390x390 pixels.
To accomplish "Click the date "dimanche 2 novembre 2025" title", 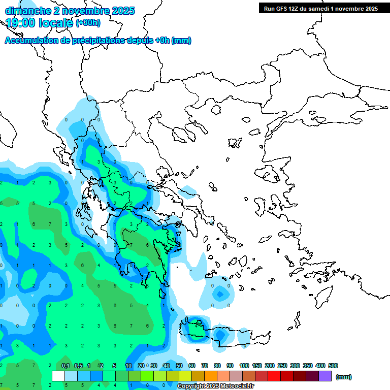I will pos(70,11).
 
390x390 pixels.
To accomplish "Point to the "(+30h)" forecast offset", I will pos(88,23).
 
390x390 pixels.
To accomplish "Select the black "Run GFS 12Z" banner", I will pos(320,8).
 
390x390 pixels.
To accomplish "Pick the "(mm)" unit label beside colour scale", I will pos(343,377).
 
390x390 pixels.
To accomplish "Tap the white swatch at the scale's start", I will pos(58,376).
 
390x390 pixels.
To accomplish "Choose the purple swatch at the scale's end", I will pos(325,376).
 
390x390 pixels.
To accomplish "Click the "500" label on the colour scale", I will pos(333,366).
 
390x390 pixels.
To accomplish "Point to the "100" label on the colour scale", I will pos(244,366).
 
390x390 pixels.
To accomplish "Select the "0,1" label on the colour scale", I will pos(65,366).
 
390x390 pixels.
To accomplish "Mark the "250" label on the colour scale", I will pos(282,366).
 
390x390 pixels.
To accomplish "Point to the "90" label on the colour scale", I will pos(230,366).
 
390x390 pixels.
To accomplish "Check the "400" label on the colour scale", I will pos(320,366).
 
